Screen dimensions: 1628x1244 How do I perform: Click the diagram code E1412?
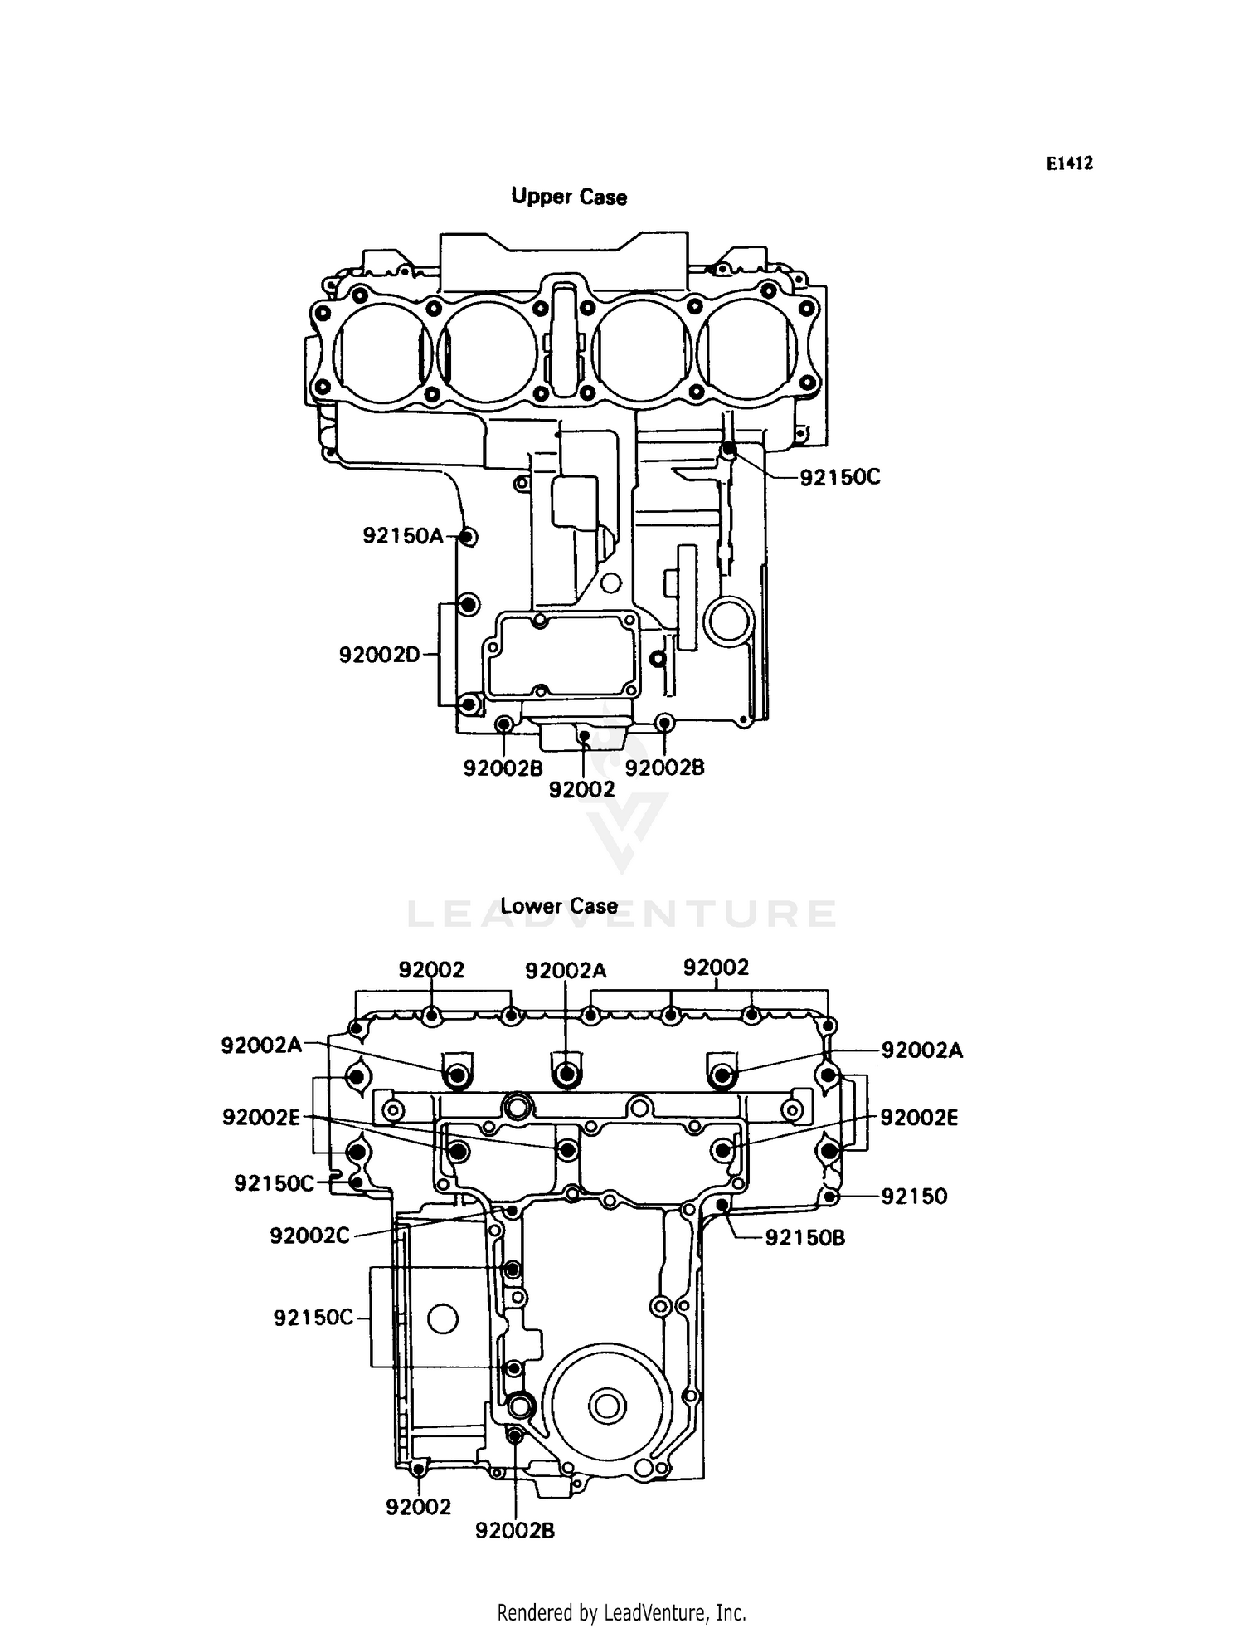click(1069, 163)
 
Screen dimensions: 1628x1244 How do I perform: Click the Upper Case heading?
click(569, 197)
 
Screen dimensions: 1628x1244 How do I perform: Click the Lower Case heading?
click(558, 906)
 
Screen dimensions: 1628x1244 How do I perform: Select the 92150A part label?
click(403, 536)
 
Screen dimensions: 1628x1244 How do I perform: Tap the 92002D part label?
click(380, 656)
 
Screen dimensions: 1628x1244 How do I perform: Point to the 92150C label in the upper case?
click(839, 478)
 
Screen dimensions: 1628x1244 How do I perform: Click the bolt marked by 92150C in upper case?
click(728, 450)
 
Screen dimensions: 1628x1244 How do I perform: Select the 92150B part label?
click(804, 1239)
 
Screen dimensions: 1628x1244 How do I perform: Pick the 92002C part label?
click(310, 1236)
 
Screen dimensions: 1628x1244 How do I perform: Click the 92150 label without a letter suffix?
click(914, 1197)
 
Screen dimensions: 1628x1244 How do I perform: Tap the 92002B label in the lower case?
click(515, 1531)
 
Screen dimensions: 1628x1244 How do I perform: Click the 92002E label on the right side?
click(919, 1119)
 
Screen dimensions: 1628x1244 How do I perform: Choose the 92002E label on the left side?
click(260, 1118)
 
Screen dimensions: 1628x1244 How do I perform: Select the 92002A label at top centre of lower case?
click(566, 971)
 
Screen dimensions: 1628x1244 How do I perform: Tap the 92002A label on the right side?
click(921, 1051)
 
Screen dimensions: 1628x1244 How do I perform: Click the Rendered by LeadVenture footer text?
click(621, 1612)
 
